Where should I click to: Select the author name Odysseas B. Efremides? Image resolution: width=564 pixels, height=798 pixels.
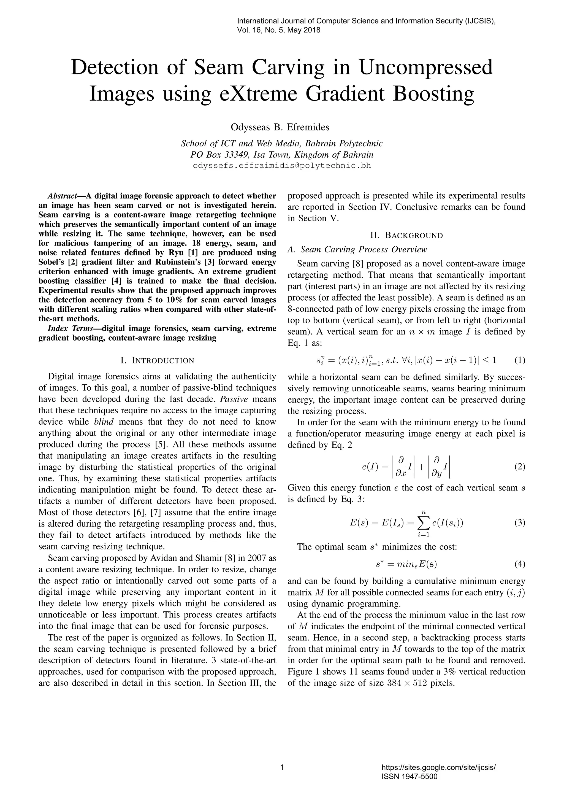click(280, 127)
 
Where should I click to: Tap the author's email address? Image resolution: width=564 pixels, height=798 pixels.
click(282, 166)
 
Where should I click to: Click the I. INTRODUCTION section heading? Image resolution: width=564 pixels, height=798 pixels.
click(157, 360)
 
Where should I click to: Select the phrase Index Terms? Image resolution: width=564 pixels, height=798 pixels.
click(70, 328)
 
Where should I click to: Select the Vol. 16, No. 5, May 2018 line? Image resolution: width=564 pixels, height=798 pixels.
click(278, 30)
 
